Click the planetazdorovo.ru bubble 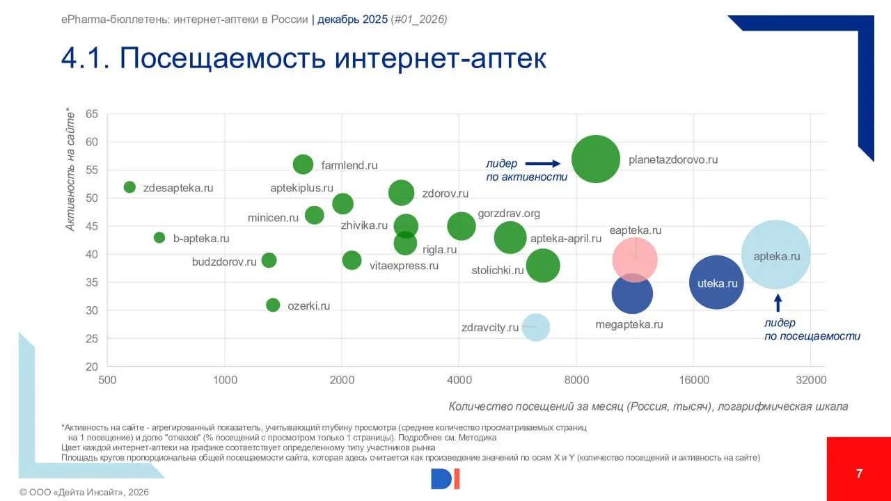coord(596,159)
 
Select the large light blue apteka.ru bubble coord(775,255)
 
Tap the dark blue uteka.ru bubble coord(716,283)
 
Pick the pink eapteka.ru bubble coord(635,260)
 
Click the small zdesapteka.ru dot coord(129,187)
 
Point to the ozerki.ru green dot coord(273,305)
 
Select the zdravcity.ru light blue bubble coord(535,327)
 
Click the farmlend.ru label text coord(349,166)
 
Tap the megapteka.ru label coord(629,324)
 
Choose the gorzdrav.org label coord(509,214)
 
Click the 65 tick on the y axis coord(92,114)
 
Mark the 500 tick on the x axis coord(107,380)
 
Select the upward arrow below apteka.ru coord(778,303)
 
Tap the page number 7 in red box coord(859,474)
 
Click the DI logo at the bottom coord(445,478)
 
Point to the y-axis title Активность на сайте coord(71,168)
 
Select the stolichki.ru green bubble coord(543,265)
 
